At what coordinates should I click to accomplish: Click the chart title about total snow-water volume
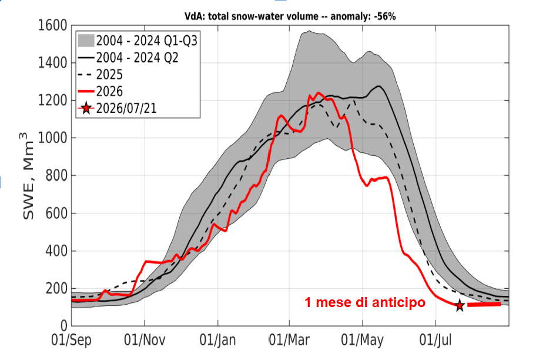290,16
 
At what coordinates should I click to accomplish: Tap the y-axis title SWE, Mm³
28,176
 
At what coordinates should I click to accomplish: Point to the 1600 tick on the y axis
52,25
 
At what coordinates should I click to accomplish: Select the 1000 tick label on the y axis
52,138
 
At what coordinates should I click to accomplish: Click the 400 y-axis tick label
56,251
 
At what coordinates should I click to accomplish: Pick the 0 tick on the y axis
64,326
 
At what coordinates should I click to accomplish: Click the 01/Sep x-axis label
72,340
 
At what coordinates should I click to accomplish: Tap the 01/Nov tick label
145,340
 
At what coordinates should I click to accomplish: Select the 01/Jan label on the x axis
217,340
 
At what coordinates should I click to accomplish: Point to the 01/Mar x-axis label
289,340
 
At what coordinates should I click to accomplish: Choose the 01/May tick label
363,340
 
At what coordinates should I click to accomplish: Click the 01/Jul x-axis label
436,340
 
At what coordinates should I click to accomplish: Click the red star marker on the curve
460,305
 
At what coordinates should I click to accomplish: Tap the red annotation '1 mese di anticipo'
365,302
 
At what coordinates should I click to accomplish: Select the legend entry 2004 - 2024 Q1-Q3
138,41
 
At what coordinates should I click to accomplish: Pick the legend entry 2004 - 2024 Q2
129,58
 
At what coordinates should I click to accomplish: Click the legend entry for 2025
100,74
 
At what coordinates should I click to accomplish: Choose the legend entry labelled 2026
100,91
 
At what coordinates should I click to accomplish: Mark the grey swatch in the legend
86,41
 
